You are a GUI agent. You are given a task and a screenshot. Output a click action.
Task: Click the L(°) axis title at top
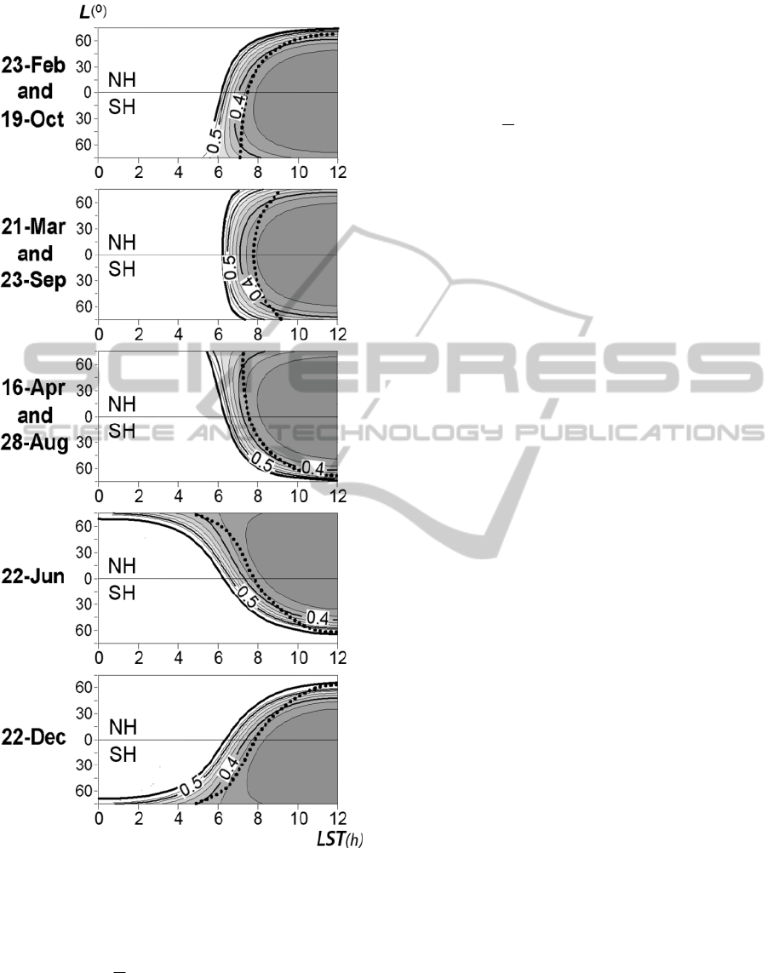pos(93,11)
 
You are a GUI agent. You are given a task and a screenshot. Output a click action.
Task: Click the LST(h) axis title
pos(340,839)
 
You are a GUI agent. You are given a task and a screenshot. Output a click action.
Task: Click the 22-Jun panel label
pos(33,576)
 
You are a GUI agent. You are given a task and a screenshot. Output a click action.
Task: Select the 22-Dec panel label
pos(33,737)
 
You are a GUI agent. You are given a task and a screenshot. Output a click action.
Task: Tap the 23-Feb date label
pos(33,65)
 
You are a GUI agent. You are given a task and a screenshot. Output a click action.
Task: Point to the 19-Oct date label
pos(32,118)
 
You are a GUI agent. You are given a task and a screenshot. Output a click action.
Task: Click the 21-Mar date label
pos(33,226)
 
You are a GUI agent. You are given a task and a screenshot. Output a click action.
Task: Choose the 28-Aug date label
pos(34,442)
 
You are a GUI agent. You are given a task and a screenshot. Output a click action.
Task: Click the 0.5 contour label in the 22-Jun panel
pos(247,597)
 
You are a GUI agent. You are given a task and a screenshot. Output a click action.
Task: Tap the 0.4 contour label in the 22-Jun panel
pos(318,617)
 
